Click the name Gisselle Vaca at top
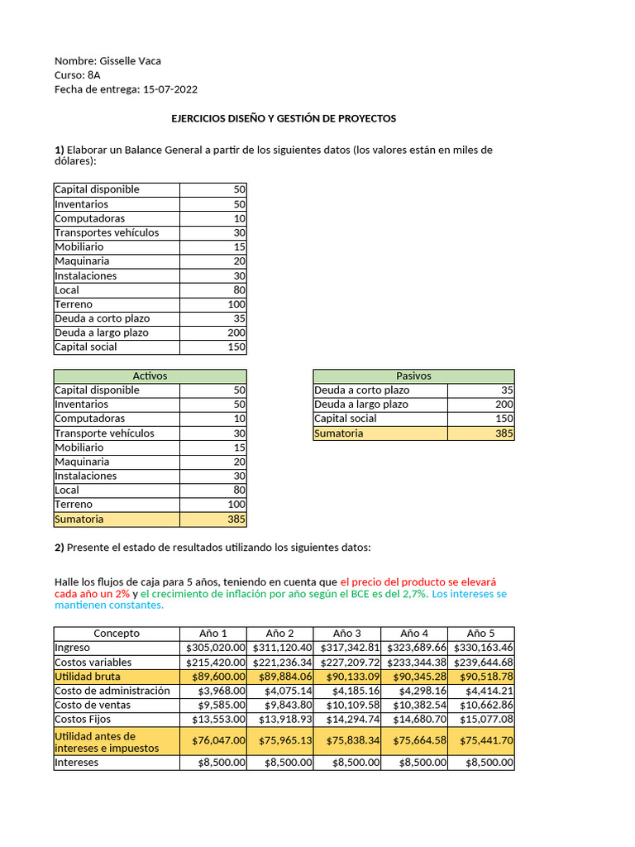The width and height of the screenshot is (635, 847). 130,61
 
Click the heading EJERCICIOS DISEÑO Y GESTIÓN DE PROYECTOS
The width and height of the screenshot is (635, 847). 284,118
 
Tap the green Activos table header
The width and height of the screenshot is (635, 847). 150,376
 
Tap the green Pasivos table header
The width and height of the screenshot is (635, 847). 413,376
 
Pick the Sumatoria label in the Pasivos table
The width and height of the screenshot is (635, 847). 338,433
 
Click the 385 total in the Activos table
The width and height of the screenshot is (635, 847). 236,519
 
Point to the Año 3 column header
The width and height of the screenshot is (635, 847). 346,634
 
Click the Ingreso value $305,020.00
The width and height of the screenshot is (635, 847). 214,648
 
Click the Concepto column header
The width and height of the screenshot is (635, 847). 117,634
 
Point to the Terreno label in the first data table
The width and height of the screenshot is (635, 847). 74,304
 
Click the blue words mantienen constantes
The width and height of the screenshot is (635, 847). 109,605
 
